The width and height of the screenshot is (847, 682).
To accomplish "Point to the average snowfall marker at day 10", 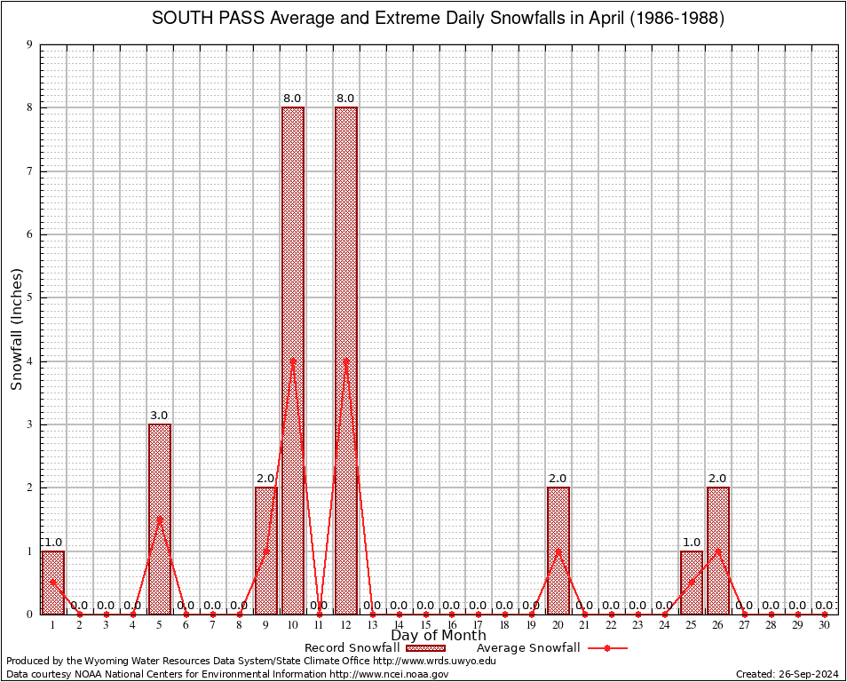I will coord(293,361).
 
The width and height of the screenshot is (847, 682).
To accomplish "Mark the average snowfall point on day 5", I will coord(160,519).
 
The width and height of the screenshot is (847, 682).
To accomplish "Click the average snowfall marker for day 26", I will coord(718,551).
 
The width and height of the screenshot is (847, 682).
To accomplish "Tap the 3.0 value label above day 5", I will coord(160,415).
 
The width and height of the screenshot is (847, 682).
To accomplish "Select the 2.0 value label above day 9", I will coord(266,479).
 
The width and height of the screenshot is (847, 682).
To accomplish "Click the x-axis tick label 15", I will coord(425,626).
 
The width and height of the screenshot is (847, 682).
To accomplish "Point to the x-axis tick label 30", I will coord(825,626).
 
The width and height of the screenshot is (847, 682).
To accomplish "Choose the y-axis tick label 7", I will coord(30,171).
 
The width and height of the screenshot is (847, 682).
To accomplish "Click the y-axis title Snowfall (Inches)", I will coord(16,329).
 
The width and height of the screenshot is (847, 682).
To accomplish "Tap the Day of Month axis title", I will coord(439,635).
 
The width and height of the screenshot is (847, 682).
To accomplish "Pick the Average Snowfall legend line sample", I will coord(607,648).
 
